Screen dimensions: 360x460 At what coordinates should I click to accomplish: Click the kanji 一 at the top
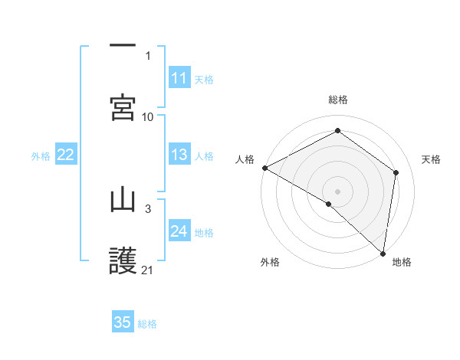(x=123, y=46)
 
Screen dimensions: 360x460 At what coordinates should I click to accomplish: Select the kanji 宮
(x=123, y=107)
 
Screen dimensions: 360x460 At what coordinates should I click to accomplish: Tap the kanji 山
(x=123, y=200)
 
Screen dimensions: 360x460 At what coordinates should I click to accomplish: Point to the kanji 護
(x=123, y=261)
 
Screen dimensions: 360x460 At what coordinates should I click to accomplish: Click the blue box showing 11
(x=179, y=78)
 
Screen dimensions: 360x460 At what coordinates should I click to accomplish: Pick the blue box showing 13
(x=179, y=155)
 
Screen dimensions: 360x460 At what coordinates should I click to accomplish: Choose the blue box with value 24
(x=179, y=231)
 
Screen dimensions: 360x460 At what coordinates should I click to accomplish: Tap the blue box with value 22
(x=66, y=155)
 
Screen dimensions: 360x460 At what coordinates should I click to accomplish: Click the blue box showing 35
(x=123, y=322)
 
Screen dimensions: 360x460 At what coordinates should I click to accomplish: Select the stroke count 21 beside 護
(x=148, y=270)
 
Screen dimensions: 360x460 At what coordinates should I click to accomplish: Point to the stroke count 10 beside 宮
(x=148, y=116)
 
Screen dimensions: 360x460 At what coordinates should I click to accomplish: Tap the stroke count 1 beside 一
(x=148, y=55)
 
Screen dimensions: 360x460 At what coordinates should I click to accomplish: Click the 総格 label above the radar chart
(x=338, y=100)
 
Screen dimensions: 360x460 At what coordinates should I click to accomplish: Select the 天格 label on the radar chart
(x=432, y=159)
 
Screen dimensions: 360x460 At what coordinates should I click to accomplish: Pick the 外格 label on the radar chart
(x=270, y=262)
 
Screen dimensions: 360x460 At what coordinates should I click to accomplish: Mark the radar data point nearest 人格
(x=264, y=168)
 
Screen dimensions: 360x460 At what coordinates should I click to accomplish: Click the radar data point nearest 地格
(x=383, y=253)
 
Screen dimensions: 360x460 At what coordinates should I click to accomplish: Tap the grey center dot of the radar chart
(x=338, y=191)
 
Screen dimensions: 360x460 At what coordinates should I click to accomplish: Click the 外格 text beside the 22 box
(x=41, y=156)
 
